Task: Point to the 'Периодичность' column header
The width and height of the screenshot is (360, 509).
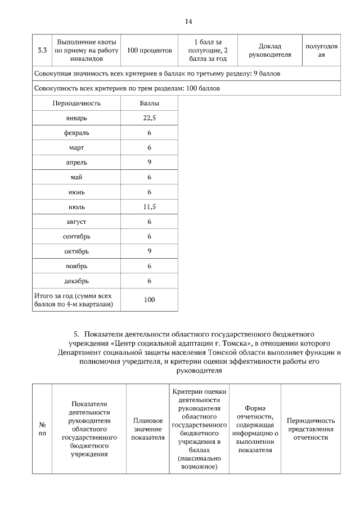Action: click(76, 103)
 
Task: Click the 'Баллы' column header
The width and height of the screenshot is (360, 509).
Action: click(149, 103)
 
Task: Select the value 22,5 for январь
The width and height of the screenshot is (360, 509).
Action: click(149, 118)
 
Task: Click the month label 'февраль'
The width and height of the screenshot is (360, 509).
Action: click(76, 133)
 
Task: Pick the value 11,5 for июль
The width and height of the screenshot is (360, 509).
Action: click(149, 206)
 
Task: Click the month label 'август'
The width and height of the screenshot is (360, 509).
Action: click(76, 222)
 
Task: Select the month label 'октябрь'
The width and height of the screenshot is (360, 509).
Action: click(76, 251)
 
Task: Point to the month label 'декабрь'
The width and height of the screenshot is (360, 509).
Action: click(76, 281)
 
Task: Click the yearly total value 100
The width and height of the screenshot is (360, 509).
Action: click(149, 300)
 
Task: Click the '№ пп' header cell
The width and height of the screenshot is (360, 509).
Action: click(42, 429)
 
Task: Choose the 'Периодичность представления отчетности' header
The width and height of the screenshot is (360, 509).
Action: click(310, 429)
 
